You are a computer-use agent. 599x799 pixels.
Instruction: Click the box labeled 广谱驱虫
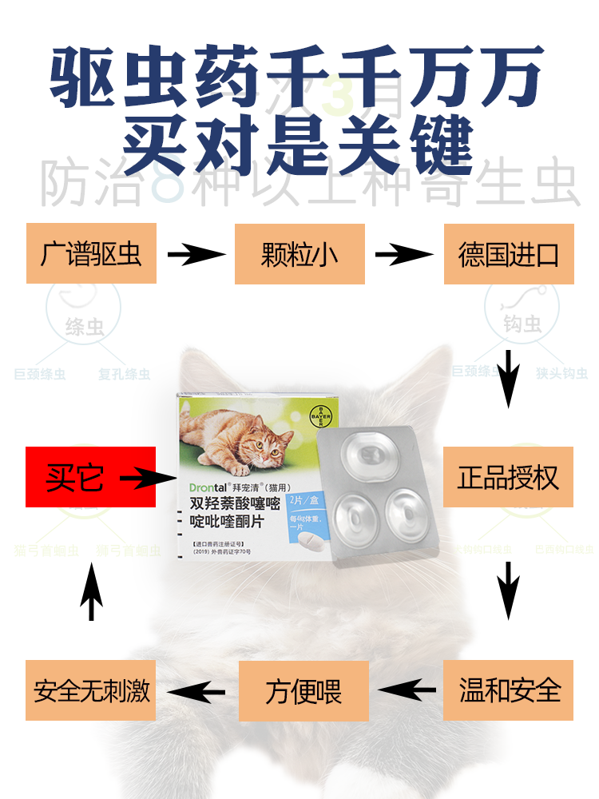click(x=91, y=254)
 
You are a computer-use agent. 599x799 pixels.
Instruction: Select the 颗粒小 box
click(x=299, y=254)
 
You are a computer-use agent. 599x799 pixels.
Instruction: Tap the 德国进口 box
click(x=509, y=254)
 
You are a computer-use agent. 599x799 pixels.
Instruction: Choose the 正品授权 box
click(x=509, y=477)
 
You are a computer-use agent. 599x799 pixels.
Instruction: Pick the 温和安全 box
click(x=509, y=690)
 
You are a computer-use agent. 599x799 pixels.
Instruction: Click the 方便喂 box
click(x=303, y=690)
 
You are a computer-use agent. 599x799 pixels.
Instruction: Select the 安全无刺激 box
click(x=91, y=690)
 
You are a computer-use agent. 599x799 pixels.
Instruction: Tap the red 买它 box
click(x=90, y=477)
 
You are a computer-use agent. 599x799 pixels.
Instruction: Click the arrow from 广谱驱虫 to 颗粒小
click(x=196, y=256)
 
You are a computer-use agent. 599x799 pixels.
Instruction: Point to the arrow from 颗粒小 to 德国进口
click(x=404, y=256)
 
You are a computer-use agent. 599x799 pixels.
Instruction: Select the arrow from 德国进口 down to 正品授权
click(x=509, y=377)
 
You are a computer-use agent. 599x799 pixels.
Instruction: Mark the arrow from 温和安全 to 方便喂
click(x=407, y=690)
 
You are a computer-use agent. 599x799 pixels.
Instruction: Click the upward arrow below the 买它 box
click(x=92, y=591)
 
